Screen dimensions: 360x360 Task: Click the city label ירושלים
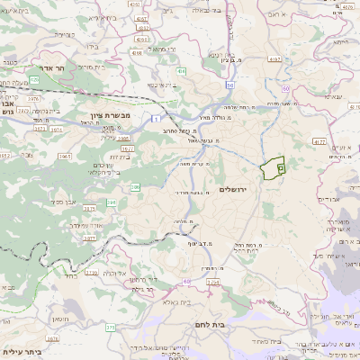point(232,189)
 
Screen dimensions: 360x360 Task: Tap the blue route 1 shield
point(157,119)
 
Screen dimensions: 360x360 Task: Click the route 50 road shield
point(230,84)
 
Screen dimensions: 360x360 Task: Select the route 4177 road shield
point(319,140)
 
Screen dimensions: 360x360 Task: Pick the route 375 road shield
point(110,328)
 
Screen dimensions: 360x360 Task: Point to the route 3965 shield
point(65,156)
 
